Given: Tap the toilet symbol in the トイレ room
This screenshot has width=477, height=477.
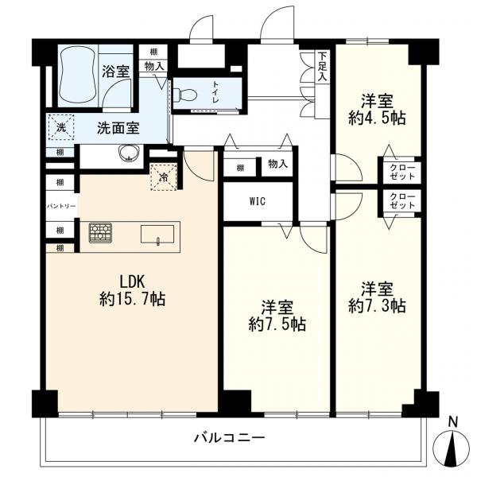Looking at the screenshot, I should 186,94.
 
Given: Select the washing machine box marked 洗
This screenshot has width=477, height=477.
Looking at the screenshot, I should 60,126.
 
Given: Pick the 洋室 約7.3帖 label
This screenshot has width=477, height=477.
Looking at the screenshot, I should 378,296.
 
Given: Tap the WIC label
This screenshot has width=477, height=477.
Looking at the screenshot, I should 258,201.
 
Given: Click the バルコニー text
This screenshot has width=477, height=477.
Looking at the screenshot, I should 229,437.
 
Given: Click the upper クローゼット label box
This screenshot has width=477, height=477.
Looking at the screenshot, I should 400,171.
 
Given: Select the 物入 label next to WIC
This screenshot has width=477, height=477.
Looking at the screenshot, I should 277,166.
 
